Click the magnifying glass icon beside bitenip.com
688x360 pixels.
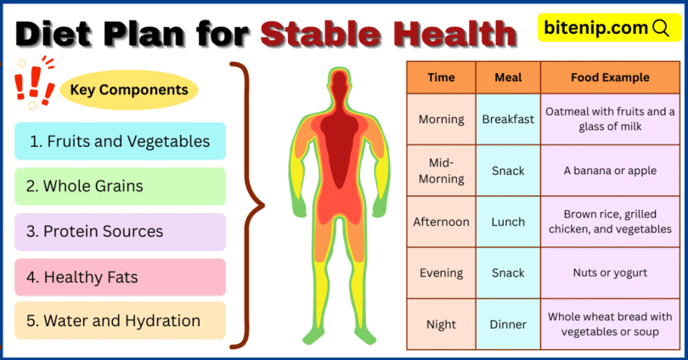[661, 28]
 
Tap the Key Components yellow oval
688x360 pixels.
[129, 89]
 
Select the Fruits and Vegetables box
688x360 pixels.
[120, 142]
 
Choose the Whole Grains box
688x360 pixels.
[120, 186]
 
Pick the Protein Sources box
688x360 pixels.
[120, 231]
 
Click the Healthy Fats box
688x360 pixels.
[120, 277]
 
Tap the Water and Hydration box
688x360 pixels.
[120, 321]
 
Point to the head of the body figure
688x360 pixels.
[340, 85]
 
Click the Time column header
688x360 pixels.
[441, 77]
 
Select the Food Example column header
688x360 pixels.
[610, 77]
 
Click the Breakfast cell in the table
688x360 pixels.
[508, 119]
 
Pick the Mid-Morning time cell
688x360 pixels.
[441, 171]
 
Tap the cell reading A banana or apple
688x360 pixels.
[610, 171]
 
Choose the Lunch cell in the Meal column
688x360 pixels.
[508, 222]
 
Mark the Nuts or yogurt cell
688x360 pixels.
[610, 273]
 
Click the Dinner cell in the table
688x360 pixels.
[508, 324]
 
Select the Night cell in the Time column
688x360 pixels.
[441, 324]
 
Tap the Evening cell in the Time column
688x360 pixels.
[441, 273]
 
